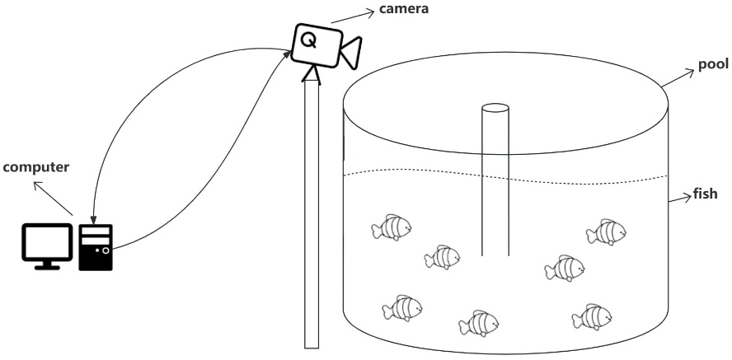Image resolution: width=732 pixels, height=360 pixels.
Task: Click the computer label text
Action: pyautogui.click(x=35, y=167)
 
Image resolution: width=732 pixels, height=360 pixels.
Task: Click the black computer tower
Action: pyautogui.click(x=95, y=246)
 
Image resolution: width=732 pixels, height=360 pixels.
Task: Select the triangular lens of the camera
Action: pyautogui.click(x=352, y=52)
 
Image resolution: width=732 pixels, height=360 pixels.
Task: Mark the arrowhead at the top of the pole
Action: pyautogui.click(x=311, y=75)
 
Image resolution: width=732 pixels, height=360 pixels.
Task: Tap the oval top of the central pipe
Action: pyautogui.click(x=495, y=108)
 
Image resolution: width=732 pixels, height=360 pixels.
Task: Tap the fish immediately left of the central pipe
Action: pyautogui.click(x=443, y=258)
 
